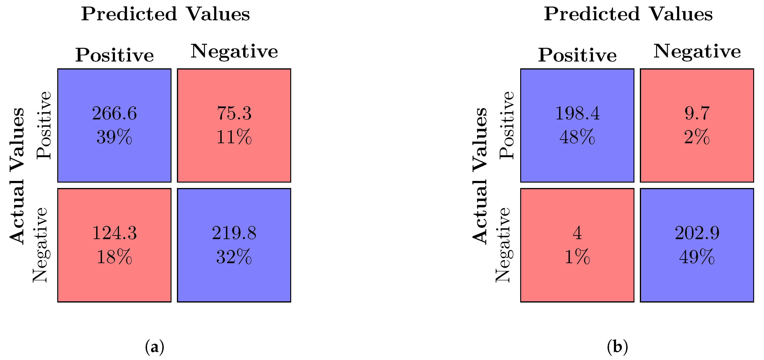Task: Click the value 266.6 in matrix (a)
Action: (114, 113)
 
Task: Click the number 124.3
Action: (114, 233)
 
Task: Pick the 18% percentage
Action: (114, 257)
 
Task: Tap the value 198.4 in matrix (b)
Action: (577, 113)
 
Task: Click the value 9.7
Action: (697, 113)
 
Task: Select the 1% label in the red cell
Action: (577, 257)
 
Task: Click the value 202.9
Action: (697, 233)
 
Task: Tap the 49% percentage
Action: (697, 257)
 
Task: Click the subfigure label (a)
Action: (155, 347)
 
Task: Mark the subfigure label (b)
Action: (617, 347)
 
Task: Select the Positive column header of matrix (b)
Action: (577, 55)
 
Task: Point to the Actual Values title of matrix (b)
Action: (480, 176)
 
